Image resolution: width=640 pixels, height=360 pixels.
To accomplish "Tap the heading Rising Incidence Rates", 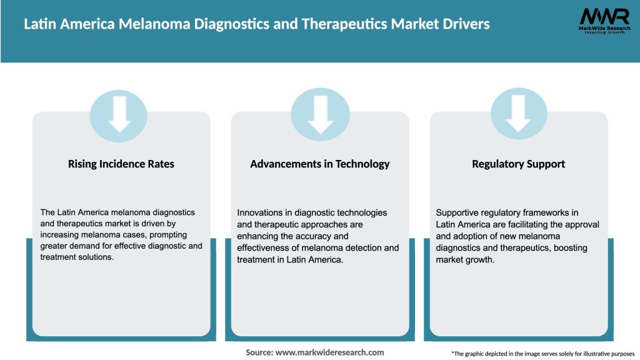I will (x=121, y=164).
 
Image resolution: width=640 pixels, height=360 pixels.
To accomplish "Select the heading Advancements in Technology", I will (x=320, y=164).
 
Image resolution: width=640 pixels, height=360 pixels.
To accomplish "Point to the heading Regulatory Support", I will (x=519, y=164).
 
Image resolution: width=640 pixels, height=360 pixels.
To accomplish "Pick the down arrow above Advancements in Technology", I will (x=320, y=113).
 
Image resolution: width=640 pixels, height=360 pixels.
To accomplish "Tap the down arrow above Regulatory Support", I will (x=519, y=113).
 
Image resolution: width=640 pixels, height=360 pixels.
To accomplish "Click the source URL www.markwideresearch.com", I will (x=329, y=352).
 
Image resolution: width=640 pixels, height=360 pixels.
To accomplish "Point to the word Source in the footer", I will (x=259, y=352).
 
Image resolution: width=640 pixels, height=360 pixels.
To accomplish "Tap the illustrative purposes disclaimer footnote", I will (x=542, y=354).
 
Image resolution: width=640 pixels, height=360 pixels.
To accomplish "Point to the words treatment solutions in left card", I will (x=76, y=257).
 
